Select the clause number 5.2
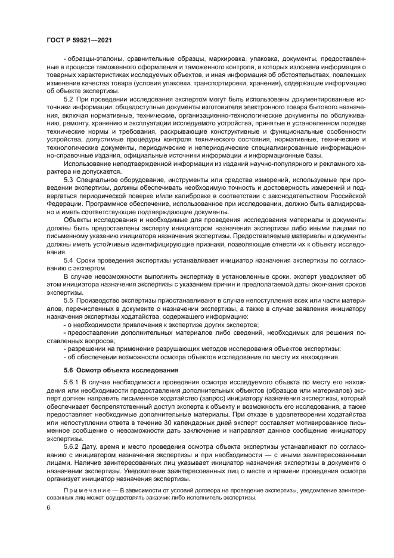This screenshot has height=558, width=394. (68, 98)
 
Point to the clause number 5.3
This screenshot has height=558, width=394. (68, 178)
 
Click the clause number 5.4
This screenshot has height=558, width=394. (68, 260)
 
